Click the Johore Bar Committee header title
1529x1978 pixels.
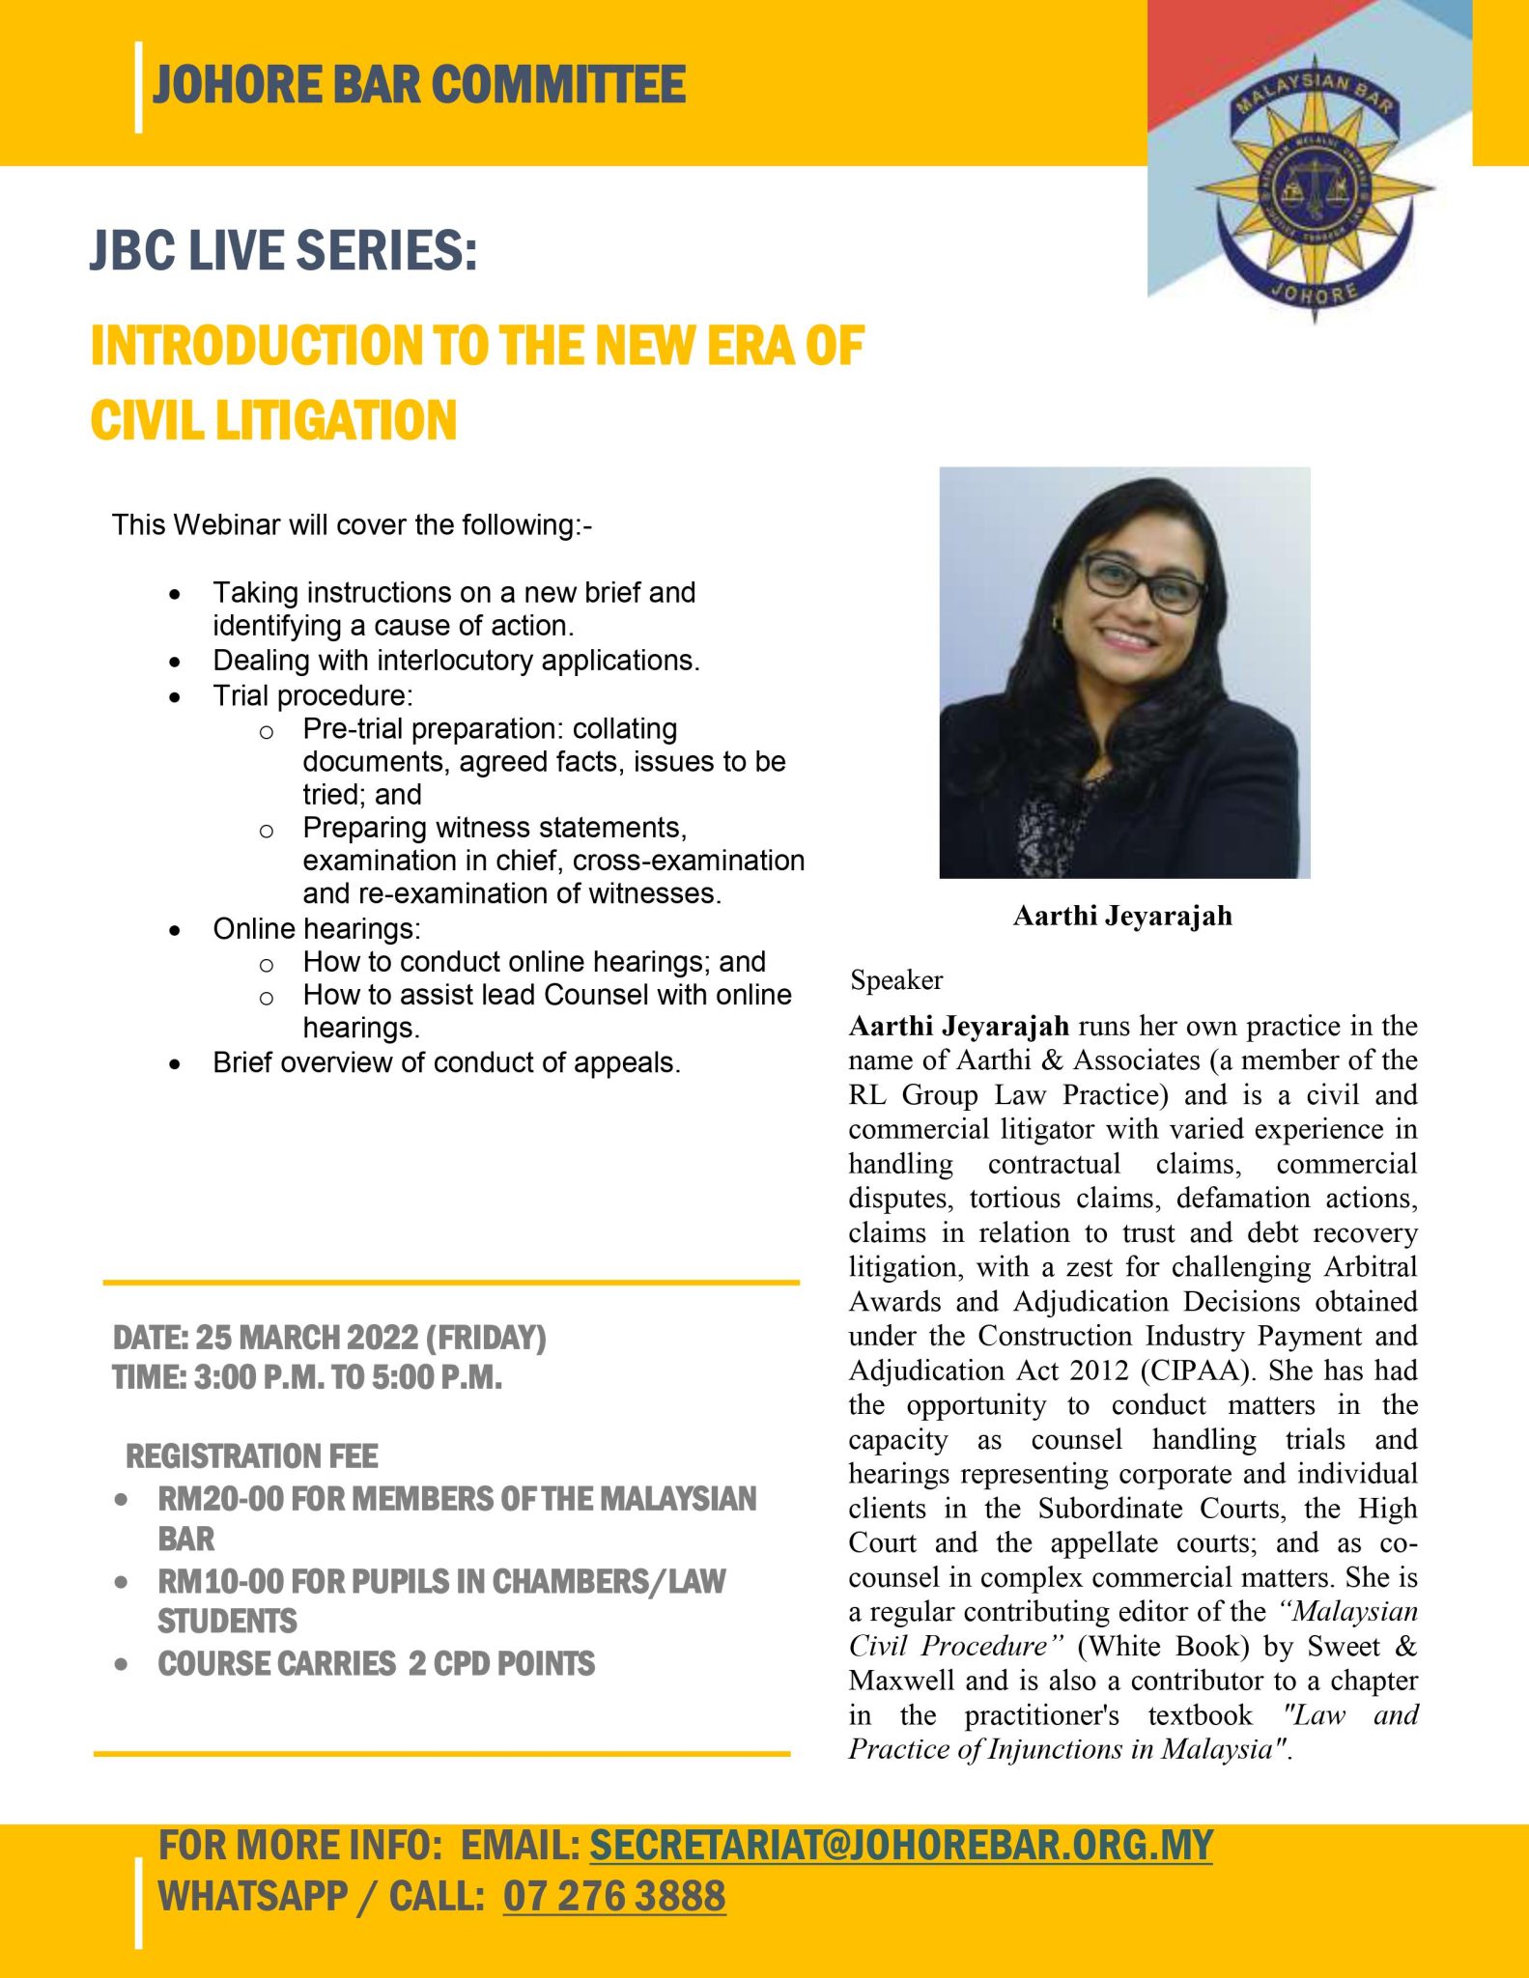click(x=419, y=84)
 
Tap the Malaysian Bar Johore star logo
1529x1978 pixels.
click(x=1313, y=187)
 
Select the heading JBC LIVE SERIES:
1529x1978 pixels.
click(x=283, y=250)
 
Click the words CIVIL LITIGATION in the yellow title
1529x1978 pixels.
click(x=273, y=421)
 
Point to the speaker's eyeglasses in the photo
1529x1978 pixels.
click(x=1144, y=582)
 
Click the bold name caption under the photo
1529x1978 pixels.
click(x=1122, y=916)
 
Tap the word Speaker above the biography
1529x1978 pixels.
click(x=896, y=980)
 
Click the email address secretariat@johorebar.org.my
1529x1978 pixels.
click(x=900, y=1846)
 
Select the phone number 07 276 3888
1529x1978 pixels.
click(x=614, y=1896)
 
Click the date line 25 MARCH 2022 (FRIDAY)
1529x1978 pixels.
click(x=329, y=1338)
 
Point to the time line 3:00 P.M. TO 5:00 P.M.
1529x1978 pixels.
click(x=307, y=1377)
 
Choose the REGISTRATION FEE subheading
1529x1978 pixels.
click(x=252, y=1456)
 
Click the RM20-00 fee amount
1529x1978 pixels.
click(x=220, y=1499)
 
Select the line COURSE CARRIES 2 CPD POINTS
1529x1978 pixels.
click(x=377, y=1664)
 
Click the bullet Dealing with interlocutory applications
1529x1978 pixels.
click(x=456, y=661)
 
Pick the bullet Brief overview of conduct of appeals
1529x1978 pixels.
click(x=446, y=1062)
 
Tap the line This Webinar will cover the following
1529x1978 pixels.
click(x=352, y=525)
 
